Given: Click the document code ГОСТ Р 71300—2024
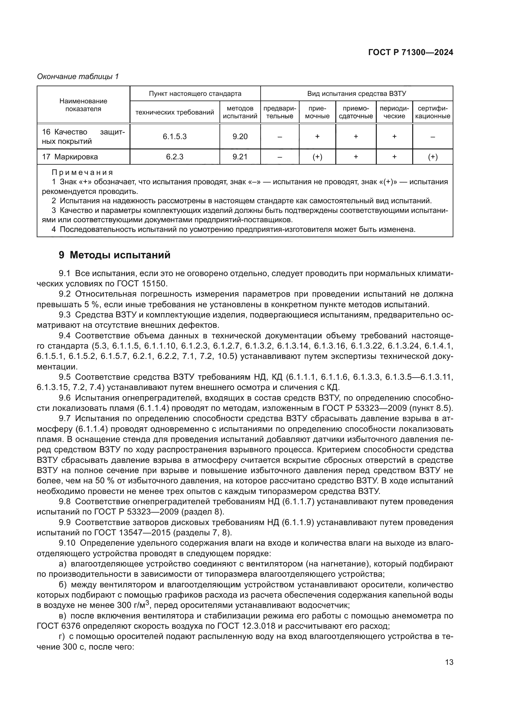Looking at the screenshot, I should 411,53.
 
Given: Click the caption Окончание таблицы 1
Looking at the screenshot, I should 78,77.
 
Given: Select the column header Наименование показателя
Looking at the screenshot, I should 83,105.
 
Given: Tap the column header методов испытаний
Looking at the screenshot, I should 240,112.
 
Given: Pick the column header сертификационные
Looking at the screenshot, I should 432,112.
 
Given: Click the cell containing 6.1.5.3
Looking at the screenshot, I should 175,137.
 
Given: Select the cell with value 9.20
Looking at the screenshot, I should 240,137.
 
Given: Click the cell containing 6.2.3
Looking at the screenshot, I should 175,157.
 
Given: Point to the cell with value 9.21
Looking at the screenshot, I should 240,157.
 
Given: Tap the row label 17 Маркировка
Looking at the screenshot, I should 70,157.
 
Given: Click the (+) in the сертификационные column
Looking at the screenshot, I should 432,157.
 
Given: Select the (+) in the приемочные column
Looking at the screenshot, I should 317,157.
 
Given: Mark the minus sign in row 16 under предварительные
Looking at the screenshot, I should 280,137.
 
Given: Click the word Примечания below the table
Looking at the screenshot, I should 83,173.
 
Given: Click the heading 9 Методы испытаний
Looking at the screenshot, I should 115,255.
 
